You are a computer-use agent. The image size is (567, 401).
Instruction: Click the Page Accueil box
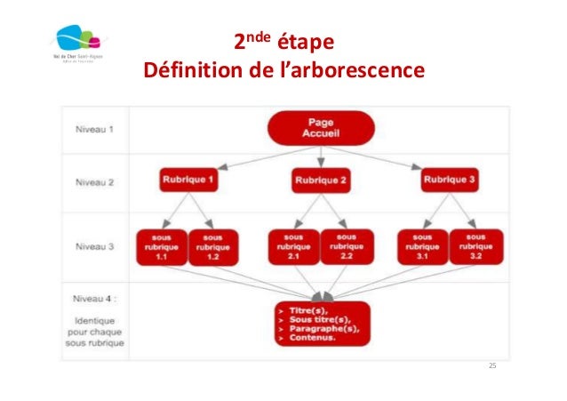[x=320, y=127]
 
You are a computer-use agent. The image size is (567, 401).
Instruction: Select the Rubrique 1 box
[x=188, y=180]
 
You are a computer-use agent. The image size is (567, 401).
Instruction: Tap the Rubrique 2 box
[x=320, y=182]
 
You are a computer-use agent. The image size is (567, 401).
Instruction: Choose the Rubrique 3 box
[x=451, y=180]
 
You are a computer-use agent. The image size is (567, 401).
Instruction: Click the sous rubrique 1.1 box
[x=162, y=246]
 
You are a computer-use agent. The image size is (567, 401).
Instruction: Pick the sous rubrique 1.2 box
[x=212, y=246]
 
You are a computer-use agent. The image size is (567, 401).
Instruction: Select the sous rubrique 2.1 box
[x=293, y=246]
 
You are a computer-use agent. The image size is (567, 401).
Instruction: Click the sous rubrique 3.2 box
[x=477, y=246]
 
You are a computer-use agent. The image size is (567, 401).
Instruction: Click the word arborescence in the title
[x=349, y=68]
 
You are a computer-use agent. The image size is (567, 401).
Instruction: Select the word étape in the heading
[x=307, y=42]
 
